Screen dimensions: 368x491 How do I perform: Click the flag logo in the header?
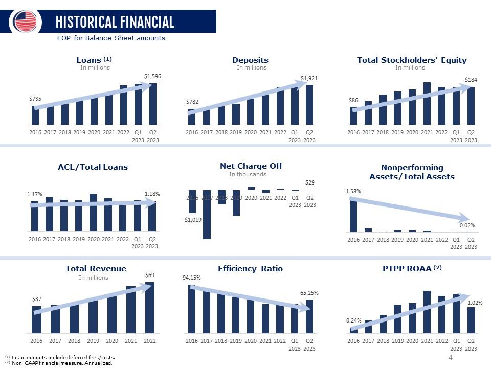26,21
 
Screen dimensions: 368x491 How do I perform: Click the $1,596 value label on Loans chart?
151,76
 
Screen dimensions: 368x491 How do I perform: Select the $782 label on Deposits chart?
191,102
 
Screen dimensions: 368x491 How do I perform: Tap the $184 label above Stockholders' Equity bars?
471,80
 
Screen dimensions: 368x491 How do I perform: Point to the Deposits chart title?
250,60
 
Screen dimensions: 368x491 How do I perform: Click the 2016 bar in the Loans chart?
35,116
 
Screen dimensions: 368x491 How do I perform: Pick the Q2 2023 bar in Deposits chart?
309,105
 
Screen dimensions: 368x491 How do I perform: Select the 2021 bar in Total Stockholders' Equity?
427,103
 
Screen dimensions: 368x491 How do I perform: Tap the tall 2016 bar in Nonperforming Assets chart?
353,215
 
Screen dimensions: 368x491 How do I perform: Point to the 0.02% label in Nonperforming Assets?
467,225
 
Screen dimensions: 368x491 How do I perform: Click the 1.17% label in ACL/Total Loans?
34,194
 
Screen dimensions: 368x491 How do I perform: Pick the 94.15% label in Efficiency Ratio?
191,278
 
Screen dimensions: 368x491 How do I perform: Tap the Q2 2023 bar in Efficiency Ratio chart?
309,316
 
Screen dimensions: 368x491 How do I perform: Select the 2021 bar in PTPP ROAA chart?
427,312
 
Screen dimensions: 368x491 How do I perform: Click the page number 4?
450,357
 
